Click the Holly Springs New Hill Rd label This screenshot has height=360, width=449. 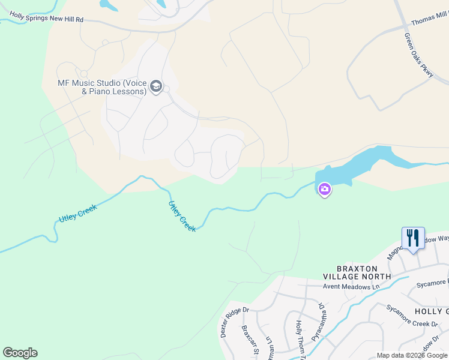(46, 19)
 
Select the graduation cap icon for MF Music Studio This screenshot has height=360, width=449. (156, 87)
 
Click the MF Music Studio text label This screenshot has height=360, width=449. (102, 87)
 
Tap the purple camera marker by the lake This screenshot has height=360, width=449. (324, 190)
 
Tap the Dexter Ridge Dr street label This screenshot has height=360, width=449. (234, 322)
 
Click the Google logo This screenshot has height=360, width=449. (20, 353)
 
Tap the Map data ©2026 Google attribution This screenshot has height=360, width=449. (412, 355)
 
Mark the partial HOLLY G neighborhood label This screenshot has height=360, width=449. (430, 311)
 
